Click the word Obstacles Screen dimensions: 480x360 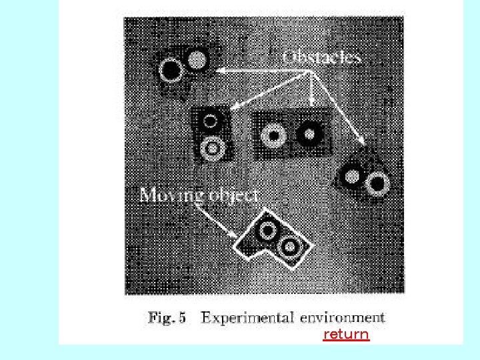pyautogui.click(x=322, y=57)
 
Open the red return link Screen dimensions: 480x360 pyautogui.click(x=345, y=334)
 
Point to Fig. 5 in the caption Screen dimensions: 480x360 pyautogui.click(x=167, y=318)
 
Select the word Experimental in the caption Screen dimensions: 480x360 pyautogui.click(x=247, y=318)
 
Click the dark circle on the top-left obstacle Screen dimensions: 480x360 pyautogui.click(x=171, y=69)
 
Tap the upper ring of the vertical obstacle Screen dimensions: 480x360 pyautogui.click(x=210, y=121)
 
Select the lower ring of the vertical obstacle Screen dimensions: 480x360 pyautogui.click(x=213, y=147)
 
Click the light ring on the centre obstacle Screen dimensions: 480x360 pyautogui.click(x=273, y=135)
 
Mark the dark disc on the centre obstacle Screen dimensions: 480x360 pyautogui.click(x=308, y=135)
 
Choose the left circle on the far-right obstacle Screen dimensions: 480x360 pyautogui.click(x=351, y=177)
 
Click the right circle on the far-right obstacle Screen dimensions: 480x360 pyautogui.click(x=377, y=183)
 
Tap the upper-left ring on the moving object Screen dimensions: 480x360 pyautogui.click(x=267, y=231)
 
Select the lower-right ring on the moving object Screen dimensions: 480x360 pyautogui.click(x=290, y=247)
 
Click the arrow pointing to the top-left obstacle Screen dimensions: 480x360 pyautogui.click(x=253, y=70)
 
